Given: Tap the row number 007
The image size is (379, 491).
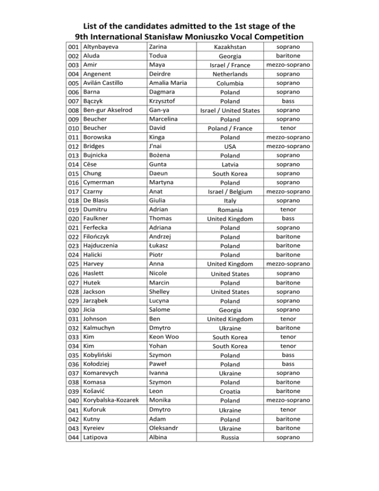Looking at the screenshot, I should [x=74, y=100].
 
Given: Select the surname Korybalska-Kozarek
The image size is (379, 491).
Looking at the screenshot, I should [x=112, y=400].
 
